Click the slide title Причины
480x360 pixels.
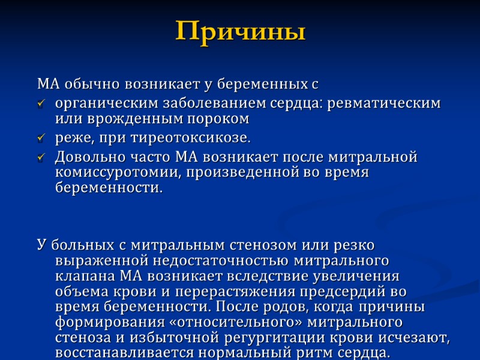pos(240,31)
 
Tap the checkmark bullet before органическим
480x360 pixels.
pos(41,104)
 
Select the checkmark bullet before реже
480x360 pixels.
pos(41,139)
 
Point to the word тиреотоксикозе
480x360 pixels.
pos(204,138)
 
